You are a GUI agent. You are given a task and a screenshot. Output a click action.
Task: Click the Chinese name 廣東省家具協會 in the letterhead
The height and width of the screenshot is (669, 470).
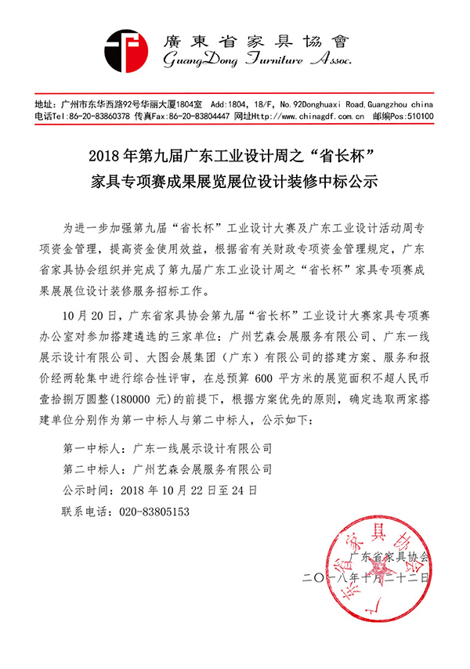click(248, 38)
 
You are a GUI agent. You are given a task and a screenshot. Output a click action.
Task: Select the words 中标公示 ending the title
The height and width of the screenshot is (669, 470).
click(348, 183)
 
